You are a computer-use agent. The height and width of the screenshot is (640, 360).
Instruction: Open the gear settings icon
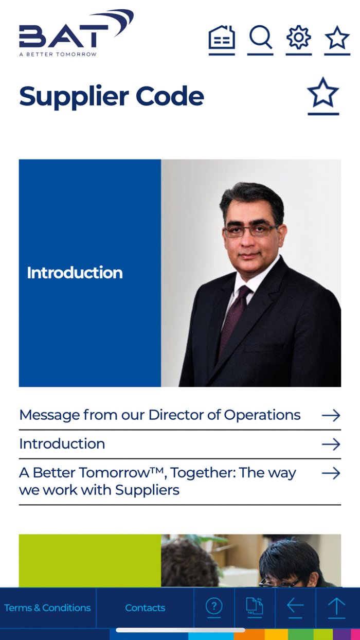pyautogui.click(x=299, y=38)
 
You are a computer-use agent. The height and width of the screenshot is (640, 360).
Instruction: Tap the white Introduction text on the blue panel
pyautogui.click(x=75, y=273)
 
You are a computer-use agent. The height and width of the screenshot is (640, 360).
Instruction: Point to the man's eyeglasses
pyautogui.click(x=251, y=230)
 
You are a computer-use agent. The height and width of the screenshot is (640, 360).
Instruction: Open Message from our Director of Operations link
pyautogui.click(x=160, y=415)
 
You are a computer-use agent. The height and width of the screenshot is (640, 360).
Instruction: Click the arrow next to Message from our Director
pyautogui.click(x=331, y=415)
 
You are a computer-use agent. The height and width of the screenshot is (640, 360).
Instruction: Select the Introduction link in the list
pyautogui.click(x=62, y=443)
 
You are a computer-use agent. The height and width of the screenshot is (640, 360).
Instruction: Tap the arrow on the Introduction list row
pyautogui.click(x=331, y=445)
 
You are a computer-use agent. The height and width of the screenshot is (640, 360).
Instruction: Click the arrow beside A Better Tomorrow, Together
pyautogui.click(x=331, y=473)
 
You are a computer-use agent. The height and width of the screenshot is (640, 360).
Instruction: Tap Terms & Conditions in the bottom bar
pyautogui.click(x=47, y=608)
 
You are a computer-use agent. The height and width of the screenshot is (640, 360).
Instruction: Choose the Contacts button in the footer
pyautogui.click(x=145, y=608)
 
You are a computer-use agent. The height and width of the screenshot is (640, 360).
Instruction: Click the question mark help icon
pyautogui.click(x=214, y=606)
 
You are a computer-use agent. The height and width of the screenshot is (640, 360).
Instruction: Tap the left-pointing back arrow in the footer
pyautogui.click(x=295, y=606)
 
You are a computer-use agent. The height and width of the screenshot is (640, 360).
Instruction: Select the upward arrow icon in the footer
pyautogui.click(x=336, y=606)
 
